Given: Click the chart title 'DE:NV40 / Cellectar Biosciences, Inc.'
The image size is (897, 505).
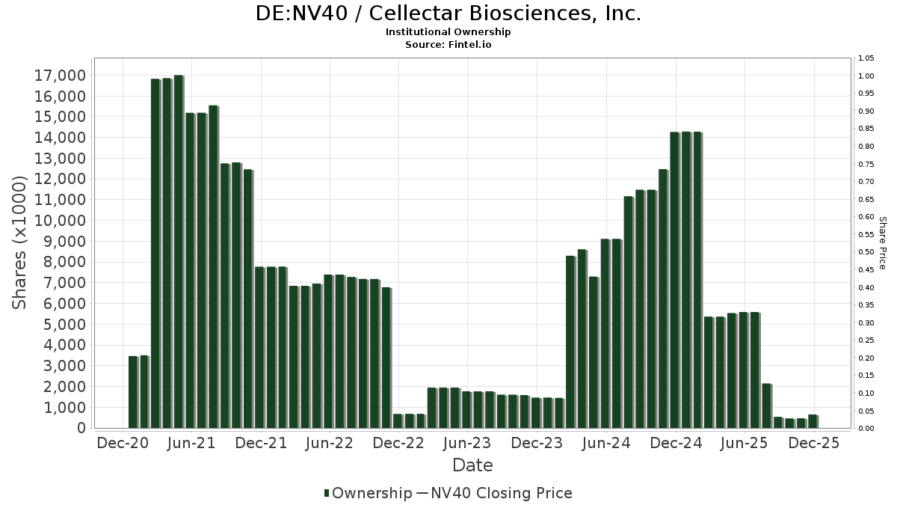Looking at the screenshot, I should click(x=449, y=14).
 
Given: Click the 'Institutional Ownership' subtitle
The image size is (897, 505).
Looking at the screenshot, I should click(x=449, y=32).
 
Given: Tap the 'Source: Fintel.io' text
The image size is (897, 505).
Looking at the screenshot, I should click(x=449, y=45).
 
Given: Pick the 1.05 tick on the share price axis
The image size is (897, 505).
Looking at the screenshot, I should click(x=866, y=58).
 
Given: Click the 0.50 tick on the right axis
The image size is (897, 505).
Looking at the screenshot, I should click(x=866, y=252).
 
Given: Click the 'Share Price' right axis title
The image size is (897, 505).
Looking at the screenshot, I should click(x=883, y=243).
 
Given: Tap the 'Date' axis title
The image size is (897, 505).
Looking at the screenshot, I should click(x=472, y=465).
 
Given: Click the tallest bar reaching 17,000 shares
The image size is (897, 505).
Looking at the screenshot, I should click(x=178, y=251).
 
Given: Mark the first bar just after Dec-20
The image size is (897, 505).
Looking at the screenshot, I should click(x=133, y=392).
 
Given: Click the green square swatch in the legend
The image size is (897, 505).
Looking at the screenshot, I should click(x=327, y=493).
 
